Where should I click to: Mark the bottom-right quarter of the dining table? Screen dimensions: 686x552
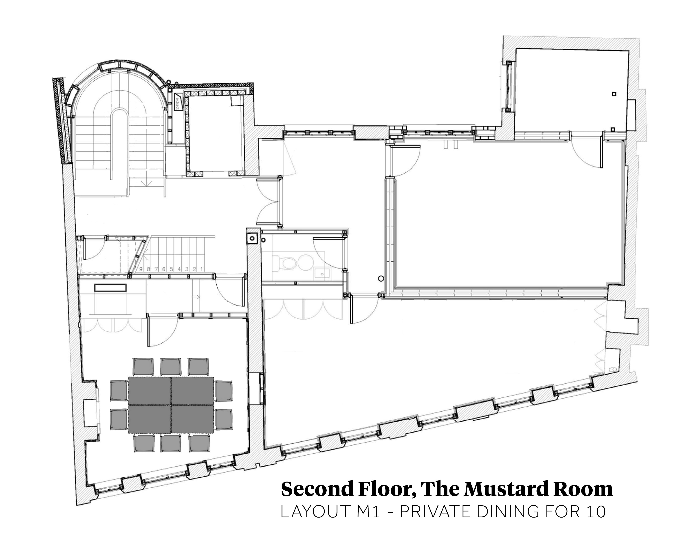(x=192, y=419)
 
